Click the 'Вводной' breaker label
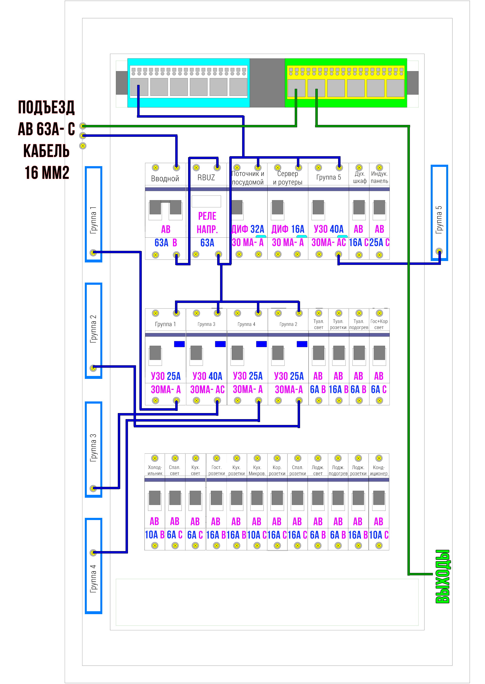click(x=165, y=179)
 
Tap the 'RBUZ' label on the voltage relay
click(x=206, y=178)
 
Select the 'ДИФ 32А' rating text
click(x=248, y=229)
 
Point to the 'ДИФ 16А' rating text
click(x=288, y=229)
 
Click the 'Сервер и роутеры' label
click(x=288, y=178)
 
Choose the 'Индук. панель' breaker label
click(x=379, y=177)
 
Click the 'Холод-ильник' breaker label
click(x=155, y=470)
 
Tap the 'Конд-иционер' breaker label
click(x=379, y=470)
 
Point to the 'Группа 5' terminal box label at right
click(x=438, y=220)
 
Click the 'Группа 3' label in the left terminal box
click(x=93, y=448)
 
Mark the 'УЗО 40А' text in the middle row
click(x=207, y=376)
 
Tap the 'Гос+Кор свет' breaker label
click(x=379, y=324)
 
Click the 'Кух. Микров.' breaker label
click(x=257, y=470)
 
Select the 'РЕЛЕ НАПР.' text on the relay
click(x=207, y=223)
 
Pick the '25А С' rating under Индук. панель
click(x=379, y=243)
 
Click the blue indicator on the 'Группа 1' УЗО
click(x=179, y=344)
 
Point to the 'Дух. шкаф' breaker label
click(x=360, y=177)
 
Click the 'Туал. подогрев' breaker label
click(x=359, y=324)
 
